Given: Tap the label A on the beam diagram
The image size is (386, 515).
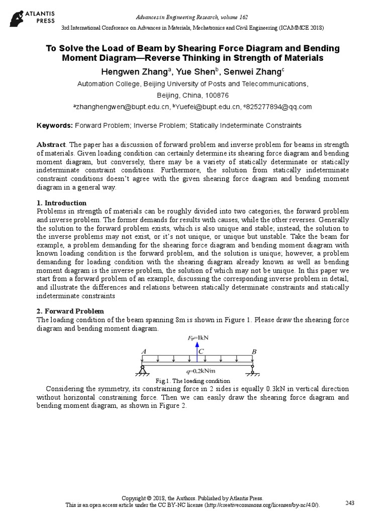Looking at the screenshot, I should (x=144, y=351).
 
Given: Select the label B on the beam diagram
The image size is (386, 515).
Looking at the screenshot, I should (x=253, y=351).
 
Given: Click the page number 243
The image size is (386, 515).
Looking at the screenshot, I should (x=350, y=503).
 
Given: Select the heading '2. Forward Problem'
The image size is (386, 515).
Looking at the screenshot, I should (x=70, y=311).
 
